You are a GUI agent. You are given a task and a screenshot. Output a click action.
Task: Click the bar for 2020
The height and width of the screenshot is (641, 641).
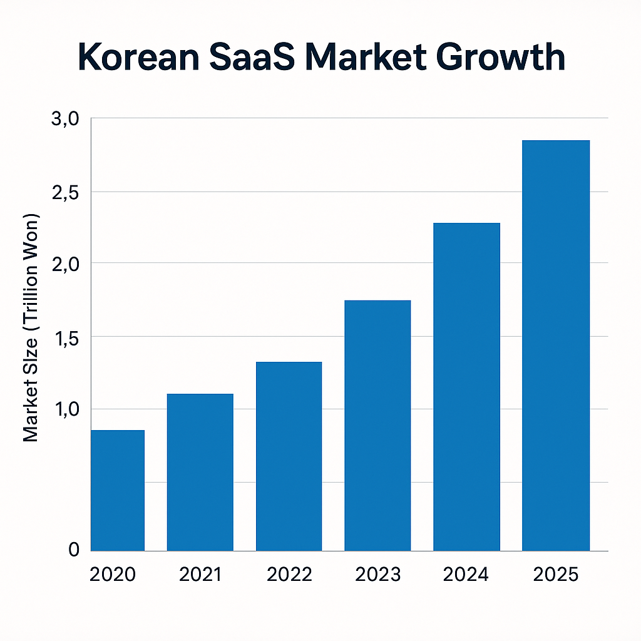[x=118, y=490]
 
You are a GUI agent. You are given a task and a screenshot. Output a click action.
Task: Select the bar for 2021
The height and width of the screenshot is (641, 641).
[x=200, y=472]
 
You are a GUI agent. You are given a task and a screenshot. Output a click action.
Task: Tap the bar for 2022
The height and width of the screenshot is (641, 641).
[x=289, y=456]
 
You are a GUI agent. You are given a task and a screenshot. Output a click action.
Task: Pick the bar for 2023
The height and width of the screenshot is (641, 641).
[x=377, y=426]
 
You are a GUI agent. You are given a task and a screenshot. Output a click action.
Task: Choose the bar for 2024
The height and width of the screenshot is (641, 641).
[x=466, y=387]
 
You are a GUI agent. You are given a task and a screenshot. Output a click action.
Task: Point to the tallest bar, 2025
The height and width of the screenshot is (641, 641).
[x=556, y=346]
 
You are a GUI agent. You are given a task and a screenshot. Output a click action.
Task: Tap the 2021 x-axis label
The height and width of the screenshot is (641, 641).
[x=200, y=575]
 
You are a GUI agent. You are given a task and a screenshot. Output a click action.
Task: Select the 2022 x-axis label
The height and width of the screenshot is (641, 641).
[x=289, y=575]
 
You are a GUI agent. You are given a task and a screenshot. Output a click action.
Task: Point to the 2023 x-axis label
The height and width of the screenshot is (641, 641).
[x=377, y=575]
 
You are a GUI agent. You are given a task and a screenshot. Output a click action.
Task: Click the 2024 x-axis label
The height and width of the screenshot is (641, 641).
[x=466, y=575]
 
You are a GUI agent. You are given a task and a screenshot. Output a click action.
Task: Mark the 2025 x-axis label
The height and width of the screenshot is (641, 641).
[x=556, y=575]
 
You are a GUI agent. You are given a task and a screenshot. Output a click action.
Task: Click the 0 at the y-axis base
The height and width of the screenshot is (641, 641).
[x=74, y=550]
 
